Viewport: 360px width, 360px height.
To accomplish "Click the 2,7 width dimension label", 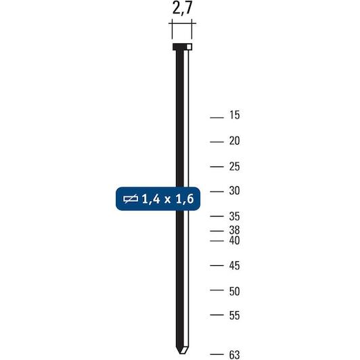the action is pos(181,9).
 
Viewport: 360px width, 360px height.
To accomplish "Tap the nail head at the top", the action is pos(182,47).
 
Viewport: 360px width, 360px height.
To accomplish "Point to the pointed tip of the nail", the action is pos(181,353).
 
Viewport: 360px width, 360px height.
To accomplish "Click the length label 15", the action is pos(234,115).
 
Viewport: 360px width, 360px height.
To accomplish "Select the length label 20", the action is pos(234,141).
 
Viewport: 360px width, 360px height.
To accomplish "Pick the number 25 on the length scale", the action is pos(234,166).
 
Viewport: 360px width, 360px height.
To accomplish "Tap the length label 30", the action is pos(234,191).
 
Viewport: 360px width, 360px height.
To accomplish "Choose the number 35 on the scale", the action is pos(234,217).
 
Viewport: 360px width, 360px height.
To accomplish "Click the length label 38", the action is pos(234,230).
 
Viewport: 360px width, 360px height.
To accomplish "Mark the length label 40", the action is pos(234,240).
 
